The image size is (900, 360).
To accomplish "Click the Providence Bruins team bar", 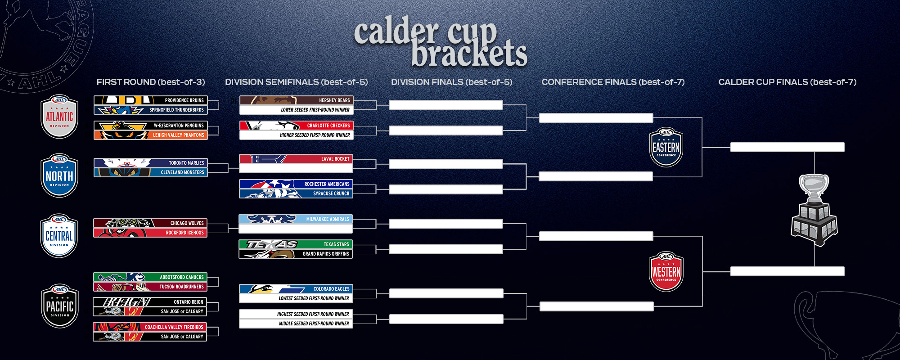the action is tap(150, 100).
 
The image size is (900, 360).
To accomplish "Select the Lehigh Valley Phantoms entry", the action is tap(150, 135).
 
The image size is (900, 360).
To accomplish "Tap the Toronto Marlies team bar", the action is tap(150, 163).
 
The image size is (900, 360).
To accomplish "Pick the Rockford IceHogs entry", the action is tap(150, 233).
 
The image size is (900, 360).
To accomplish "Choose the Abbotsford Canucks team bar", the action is tap(150, 277).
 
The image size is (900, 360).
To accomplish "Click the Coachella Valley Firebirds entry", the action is tap(150, 327).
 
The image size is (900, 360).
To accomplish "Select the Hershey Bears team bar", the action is tap(296, 100).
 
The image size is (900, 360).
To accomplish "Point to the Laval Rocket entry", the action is tap(296, 159).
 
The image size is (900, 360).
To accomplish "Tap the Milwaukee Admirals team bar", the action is tap(296, 219).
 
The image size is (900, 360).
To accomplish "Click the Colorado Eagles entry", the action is tap(296, 289).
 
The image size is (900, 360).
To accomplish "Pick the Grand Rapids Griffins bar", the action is tap(296, 254).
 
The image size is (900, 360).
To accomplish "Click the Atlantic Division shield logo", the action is tap(59, 117).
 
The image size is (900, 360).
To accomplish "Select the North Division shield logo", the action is tap(59, 175).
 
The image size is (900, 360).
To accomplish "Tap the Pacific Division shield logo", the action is tap(60, 306).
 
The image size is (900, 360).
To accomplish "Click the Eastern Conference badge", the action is tap(666, 147).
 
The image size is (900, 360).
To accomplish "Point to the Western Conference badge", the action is tap(666, 271).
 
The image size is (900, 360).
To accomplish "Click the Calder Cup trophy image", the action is tap(814, 210).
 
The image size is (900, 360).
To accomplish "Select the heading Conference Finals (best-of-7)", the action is tap(613, 82).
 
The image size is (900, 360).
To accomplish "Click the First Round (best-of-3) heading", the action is tap(151, 82).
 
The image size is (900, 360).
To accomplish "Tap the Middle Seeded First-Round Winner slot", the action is tap(296, 324).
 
